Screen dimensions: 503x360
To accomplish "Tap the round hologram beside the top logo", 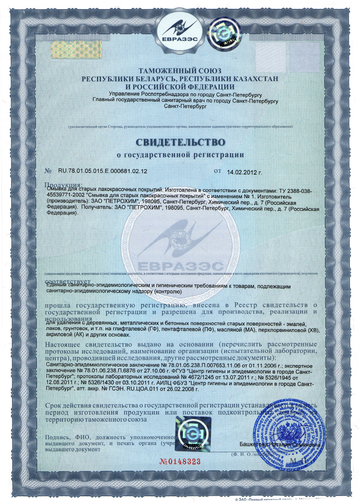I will coord(224,33).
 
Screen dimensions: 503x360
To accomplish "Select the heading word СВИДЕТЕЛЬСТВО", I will coord(180,142).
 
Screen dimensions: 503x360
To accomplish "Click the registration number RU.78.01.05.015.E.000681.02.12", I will coord(103,171).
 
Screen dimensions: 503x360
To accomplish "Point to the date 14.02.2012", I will coord(242,172).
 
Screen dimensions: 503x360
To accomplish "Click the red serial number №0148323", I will coord(180,462).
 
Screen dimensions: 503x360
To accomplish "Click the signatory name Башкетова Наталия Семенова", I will coord(280,445).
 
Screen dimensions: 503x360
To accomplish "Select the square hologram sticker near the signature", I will coord(193,434).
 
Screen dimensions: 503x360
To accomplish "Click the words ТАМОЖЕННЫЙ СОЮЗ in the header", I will coord(180,71).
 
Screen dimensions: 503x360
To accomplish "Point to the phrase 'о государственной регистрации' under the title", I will coord(180,155).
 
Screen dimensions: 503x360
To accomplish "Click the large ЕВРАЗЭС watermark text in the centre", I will coord(180,266).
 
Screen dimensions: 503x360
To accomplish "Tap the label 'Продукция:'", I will coord(63,185).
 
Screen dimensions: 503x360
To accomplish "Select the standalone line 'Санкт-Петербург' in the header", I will coord(185,106).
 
